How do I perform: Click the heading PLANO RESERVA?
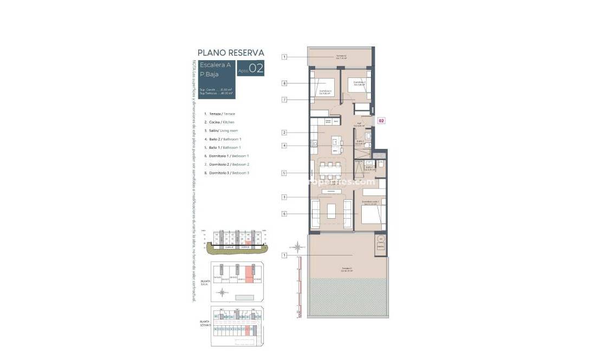(231, 53)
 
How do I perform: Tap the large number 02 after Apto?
(256, 68)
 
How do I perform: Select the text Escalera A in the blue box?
(216, 65)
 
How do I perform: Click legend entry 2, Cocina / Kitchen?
(219, 122)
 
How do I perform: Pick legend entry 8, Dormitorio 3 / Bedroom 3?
(226, 173)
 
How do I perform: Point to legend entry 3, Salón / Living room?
(222, 130)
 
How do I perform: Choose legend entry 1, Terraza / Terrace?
(219, 114)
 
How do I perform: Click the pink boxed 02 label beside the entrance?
(381, 121)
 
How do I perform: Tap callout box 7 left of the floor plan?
(284, 100)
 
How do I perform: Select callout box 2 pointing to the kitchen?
(284, 133)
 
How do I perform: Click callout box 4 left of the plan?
(284, 146)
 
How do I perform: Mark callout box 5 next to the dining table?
(284, 173)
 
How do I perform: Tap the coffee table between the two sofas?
(331, 210)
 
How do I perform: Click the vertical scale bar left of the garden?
(298, 287)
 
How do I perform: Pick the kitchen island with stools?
(336, 143)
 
